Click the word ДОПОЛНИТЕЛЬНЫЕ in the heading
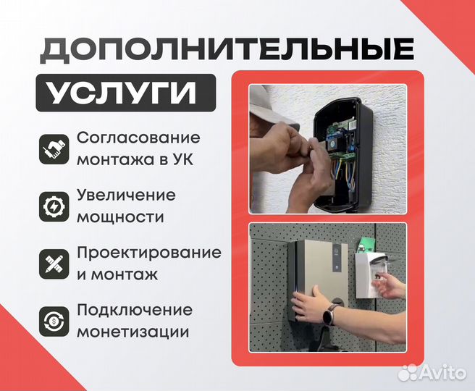pos(227,49)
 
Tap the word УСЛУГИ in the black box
pos(125,94)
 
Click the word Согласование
pos(138,138)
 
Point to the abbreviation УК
pos(185,159)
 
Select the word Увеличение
pos(126,195)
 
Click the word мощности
pos(119,217)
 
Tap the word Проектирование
pos(148,252)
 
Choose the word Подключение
pos(135,310)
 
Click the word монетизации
pos(133,332)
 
